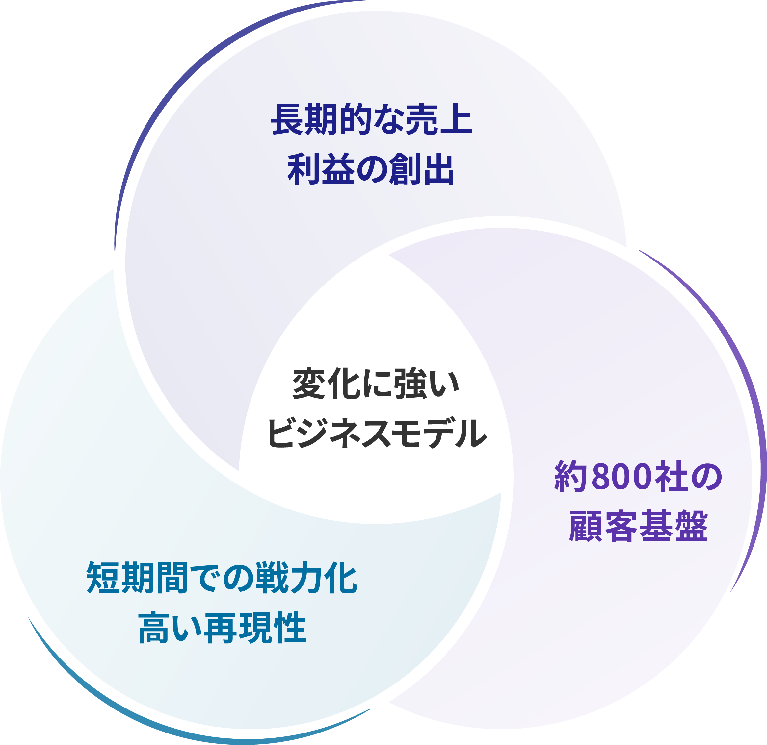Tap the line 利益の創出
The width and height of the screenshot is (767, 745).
point(371,169)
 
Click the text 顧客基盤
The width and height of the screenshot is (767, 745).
point(638,526)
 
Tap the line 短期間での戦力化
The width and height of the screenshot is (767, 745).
point(222,578)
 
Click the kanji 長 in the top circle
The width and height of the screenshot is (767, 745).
point(287,119)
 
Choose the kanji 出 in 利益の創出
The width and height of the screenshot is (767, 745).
point(438,169)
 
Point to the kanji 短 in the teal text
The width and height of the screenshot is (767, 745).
point(103,578)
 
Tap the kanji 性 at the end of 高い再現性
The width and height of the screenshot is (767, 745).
point(290,628)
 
